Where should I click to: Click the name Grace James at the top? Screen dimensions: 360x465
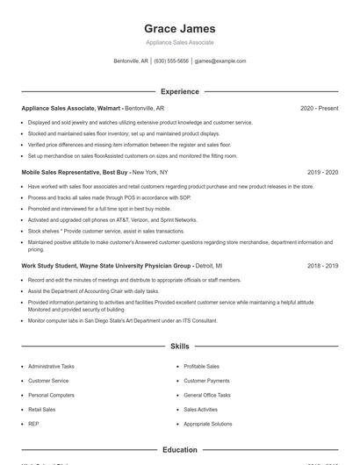coord(179,28)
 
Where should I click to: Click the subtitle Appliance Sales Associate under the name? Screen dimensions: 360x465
coord(179,42)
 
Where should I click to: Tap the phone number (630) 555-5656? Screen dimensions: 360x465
coord(171,61)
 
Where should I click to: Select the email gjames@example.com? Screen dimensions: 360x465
coord(220,61)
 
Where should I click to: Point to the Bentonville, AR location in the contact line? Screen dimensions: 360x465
coord(132,61)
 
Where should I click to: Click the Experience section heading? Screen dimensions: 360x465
coord(179,91)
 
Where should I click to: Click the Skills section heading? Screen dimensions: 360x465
coord(179,347)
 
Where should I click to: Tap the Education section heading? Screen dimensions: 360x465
coord(179,450)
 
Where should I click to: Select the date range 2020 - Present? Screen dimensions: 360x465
coord(319,109)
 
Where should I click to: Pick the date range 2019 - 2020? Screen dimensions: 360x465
coord(322,173)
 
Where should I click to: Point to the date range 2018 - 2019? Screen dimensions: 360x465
coord(322,265)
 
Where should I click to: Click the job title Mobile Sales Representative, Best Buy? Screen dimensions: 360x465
coord(75,173)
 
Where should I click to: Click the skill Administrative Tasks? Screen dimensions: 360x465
coord(51,366)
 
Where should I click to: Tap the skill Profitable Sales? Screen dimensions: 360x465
coord(202,366)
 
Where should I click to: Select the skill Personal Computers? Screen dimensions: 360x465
coord(51,395)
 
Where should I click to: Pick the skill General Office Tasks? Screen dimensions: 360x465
coord(207,395)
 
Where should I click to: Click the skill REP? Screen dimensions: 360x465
coord(33,424)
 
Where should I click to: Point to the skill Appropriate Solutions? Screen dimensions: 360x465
coord(208,424)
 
